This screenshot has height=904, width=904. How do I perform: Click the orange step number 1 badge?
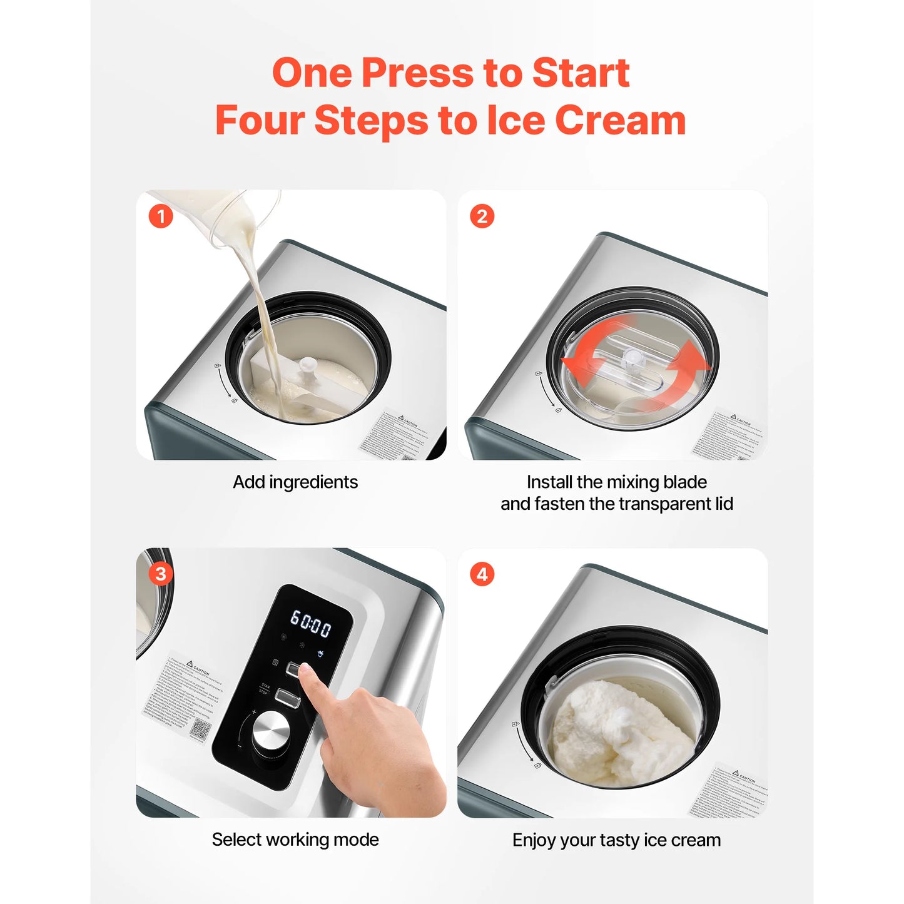tap(161, 216)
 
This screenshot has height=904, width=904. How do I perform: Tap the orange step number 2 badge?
tap(482, 216)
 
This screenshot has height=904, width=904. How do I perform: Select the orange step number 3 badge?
tap(161, 574)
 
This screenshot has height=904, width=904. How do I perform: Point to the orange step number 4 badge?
tap(482, 574)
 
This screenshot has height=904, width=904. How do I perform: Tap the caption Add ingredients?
tap(295, 482)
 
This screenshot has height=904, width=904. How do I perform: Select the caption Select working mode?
tap(295, 840)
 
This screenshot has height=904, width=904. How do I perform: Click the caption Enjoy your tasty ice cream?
tap(616, 840)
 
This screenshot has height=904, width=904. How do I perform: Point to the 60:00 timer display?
tap(310, 624)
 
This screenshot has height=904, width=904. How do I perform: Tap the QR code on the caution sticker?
tap(200, 729)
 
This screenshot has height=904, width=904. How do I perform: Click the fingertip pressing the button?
tap(306, 673)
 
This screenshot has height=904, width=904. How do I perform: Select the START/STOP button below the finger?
tap(287, 698)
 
